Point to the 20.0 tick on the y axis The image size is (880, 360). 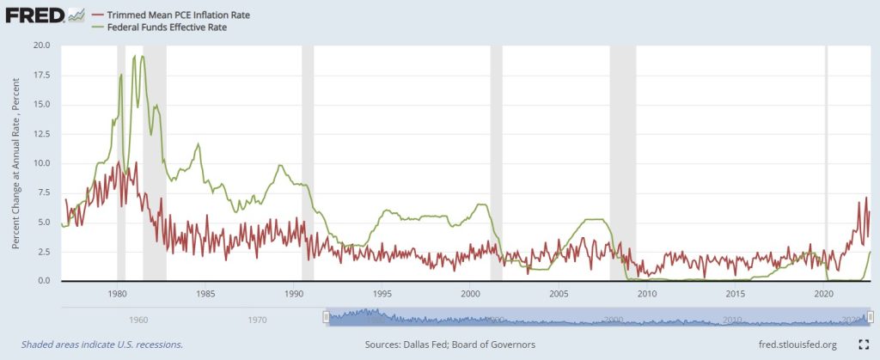(42, 45)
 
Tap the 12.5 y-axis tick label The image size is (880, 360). (42, 133)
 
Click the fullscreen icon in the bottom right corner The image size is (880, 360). (865, 345)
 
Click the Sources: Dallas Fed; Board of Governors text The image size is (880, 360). (450, 345)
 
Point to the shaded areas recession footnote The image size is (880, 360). (95, 345)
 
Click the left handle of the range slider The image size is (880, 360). (326, 318)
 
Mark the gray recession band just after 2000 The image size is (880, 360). (496, 163)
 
